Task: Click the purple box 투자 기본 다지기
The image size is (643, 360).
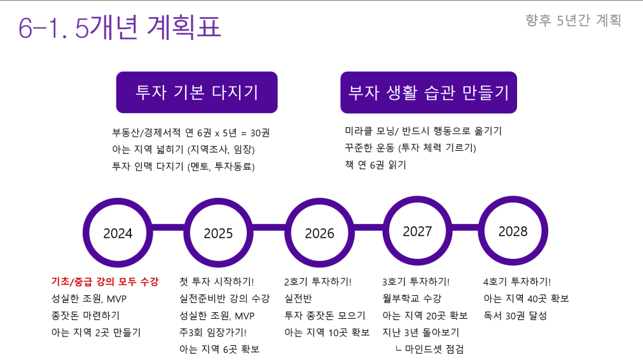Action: [197, 92]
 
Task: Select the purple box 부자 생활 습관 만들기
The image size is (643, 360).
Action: [429, 92]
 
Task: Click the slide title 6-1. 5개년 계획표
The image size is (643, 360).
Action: [120, 27]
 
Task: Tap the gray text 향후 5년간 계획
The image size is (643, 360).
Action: [573, 20]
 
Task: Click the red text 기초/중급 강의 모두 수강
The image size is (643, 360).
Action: [105, 282]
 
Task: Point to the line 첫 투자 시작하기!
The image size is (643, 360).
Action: [216, 282]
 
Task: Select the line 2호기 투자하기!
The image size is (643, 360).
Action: [318, 282]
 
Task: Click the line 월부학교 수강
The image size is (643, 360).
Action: [411, 298]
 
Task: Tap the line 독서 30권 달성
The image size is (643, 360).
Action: [515, 315]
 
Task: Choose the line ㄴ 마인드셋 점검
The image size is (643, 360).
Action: [430, 349]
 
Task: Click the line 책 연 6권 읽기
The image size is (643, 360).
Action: [375, 165]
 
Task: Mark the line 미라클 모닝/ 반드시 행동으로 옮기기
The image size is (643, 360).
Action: [423, 131]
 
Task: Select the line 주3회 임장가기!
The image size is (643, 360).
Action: [213, 333]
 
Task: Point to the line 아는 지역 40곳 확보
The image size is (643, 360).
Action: [526, 298]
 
